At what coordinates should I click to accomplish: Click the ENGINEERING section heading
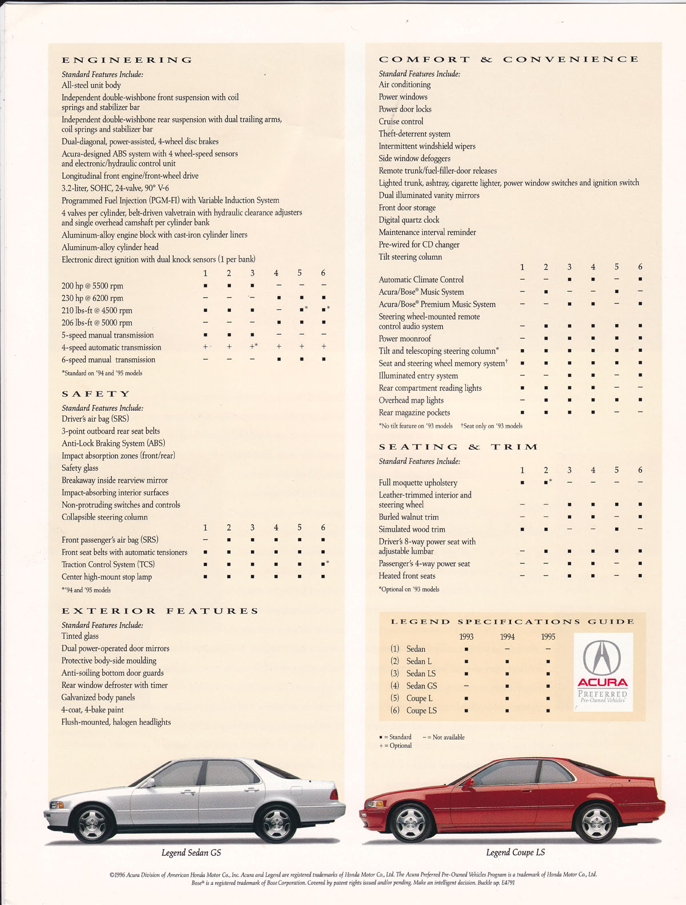pyautogui.click(x=127, y=60)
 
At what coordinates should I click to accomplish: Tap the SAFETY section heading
pyautogui.click(x=96, y=394)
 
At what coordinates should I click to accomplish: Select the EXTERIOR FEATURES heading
pyautogui.click(x=160, y=611)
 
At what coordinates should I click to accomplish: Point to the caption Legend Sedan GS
pyautogui.click(x=191, y=852)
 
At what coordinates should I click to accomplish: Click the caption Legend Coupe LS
pyautogui.click(x=515, y=852)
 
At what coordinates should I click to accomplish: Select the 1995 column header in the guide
pyautogui.click(x=548, y=636)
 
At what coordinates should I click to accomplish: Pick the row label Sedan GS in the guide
pyautogui.click(x=421, y=686)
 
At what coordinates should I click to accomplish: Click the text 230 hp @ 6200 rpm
pyautogui.click(x=93, y=298)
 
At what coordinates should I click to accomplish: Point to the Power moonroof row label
pyautogui.click(x=405, y=339)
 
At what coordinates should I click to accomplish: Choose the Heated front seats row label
pyautogui.click(x=406, y=576)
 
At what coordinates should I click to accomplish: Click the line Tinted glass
pyautogui.click(x=80, y=636)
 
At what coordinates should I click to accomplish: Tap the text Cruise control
pyautogui.click(x=401, y=121)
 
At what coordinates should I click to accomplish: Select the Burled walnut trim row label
pyautogui.click(x=409, y=517)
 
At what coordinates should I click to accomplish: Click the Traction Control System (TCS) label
pyautogui.click(x=108, y=564)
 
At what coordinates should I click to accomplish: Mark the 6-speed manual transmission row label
pyautogui.click(x=109, y=360)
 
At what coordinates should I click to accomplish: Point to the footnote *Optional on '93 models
pyautogui.click(x=409, y=589)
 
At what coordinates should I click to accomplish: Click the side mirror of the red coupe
pyautogui.click(x=469, y=783)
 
